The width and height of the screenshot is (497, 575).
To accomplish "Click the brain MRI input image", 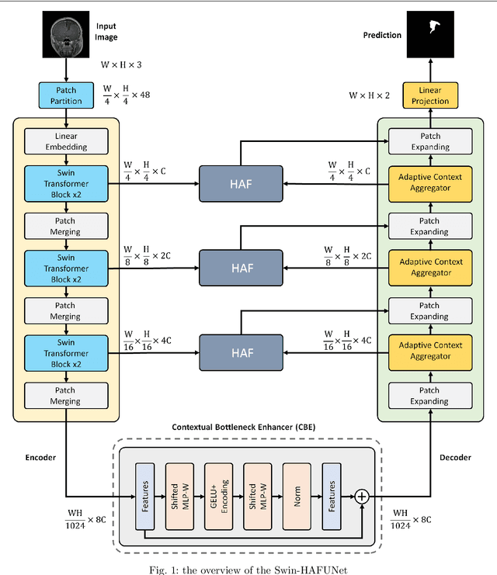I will (x=66, y=36).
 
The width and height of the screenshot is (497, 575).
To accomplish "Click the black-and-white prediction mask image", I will (x=429, y=35).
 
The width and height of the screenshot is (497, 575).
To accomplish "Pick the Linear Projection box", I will (x=429, y=95).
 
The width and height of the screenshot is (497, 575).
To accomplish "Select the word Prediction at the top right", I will (x=382, y=35).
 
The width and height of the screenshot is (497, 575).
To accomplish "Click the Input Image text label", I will (x=106, y=31).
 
